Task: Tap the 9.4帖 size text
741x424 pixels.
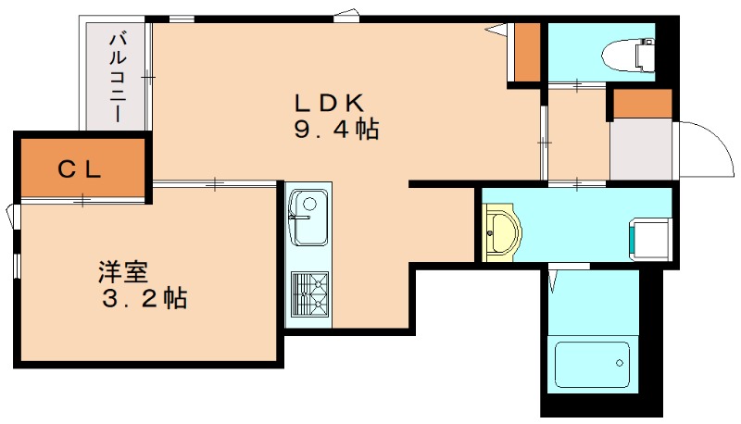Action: click(336, 131)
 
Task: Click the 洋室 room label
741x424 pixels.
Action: click(123, 273)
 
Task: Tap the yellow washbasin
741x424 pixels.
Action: click(503, 230)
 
